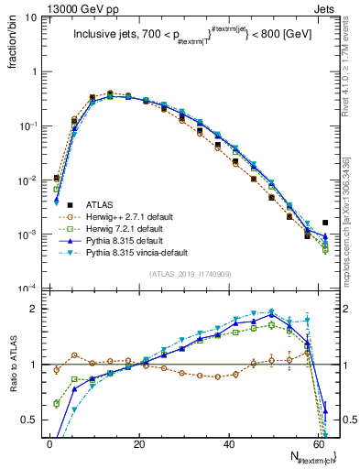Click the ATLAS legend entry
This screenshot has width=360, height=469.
click(x=100, y=204)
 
